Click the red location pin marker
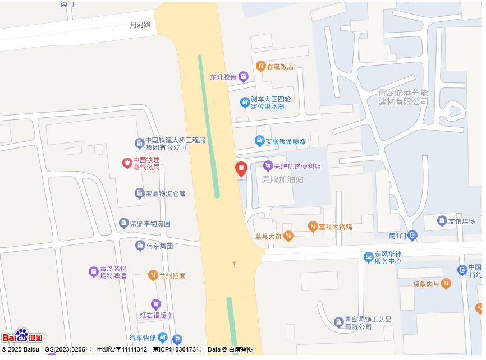(241, 169)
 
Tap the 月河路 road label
(140, 25)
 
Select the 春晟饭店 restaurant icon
(260, 66)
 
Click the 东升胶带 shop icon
(243, 77)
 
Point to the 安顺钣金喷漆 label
(286, 141)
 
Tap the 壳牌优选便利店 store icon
(268, 166)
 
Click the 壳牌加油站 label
(282, 179)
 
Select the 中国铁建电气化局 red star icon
(127, 163)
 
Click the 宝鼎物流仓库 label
(166, 194)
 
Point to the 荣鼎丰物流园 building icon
(124, 223)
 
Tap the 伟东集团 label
(160, 246)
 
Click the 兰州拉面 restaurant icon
(153, 275)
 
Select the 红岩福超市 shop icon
(155, 304)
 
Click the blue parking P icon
(177, 339)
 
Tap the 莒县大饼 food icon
(288, 236)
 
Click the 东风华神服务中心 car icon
(368, 257)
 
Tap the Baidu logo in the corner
(22, 335)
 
